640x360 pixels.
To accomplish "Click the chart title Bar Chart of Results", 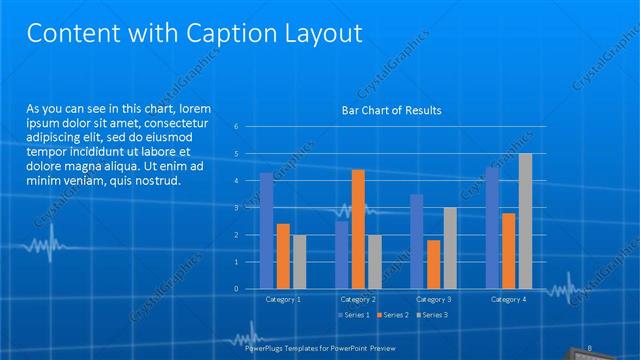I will coord(392,110).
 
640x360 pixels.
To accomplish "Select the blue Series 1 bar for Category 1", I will coord(266,231).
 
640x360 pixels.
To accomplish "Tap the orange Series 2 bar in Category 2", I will coord(358,229).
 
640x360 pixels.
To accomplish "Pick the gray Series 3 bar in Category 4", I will coord(525,221).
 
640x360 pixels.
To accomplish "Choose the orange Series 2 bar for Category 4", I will coord(508,251).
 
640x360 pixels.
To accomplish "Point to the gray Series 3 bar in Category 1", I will coord(299,262).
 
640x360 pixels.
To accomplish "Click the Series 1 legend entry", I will coord(358,315).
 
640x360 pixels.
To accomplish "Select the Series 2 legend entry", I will coord(394,315).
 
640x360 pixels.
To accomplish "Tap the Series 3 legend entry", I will coord(431,315).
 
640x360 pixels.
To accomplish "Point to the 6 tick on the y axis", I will coord(235,127).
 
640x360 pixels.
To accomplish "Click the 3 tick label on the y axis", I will coord(235,208).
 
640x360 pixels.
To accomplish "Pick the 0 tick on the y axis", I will coord(235,289).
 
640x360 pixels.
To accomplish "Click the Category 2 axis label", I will coord(358,299).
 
